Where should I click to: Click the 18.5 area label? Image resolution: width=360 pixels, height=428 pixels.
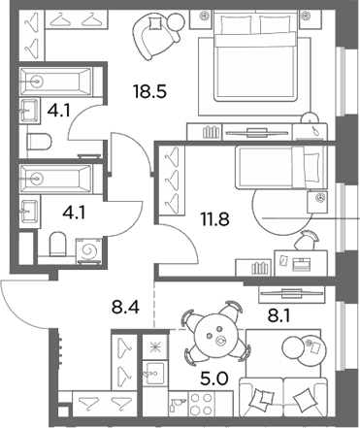pos(149,91)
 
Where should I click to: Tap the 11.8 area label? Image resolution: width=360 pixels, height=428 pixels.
pos(214,218)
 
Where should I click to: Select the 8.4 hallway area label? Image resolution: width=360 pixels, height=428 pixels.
pos(125,307)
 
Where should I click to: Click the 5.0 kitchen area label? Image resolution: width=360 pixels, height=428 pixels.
pos(214,379)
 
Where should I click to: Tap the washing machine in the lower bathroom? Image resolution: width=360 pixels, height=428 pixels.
pos(89,250)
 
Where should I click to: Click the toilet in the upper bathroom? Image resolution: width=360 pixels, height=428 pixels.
pos(40,142)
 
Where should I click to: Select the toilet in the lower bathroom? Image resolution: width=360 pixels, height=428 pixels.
pos(57,244)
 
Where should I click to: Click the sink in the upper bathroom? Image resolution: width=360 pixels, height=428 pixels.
pos(29,111)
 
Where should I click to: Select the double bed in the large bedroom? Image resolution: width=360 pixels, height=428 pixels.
pos(255,55)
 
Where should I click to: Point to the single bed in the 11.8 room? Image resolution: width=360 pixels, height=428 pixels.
pos(280,167)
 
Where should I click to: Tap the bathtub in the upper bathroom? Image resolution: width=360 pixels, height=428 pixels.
pos(56,81)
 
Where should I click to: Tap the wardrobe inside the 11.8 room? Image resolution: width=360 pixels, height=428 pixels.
pos(172,181)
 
